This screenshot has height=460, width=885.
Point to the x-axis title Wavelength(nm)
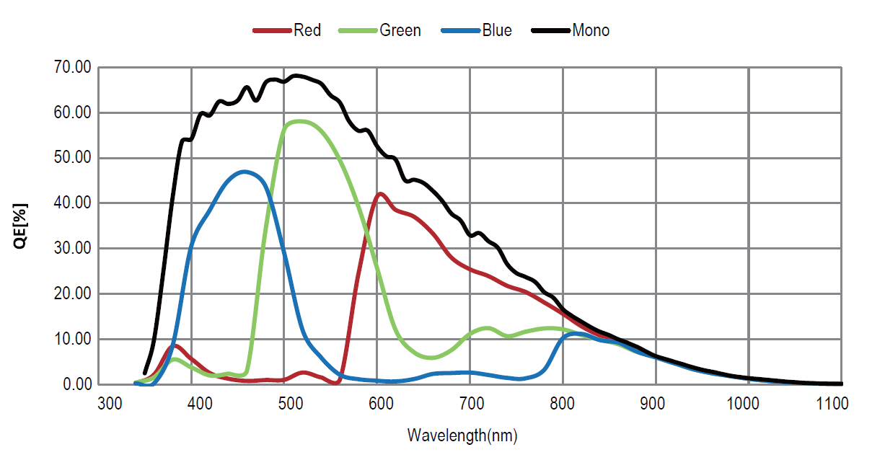[x=462, y=435]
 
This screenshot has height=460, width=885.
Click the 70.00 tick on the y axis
[x=72, y=68]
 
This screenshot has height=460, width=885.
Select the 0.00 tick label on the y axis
[x=76, y=384]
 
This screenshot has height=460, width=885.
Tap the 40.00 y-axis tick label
[x=72, y=203]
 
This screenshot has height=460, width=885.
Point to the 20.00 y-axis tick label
[x=72, y=294]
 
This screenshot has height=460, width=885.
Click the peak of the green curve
[x=298, y=121]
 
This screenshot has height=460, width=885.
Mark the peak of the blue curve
[x=245, y=172]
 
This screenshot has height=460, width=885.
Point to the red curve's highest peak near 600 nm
[x=379, y=193]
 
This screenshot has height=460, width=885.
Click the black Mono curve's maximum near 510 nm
[x=296, y=75]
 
